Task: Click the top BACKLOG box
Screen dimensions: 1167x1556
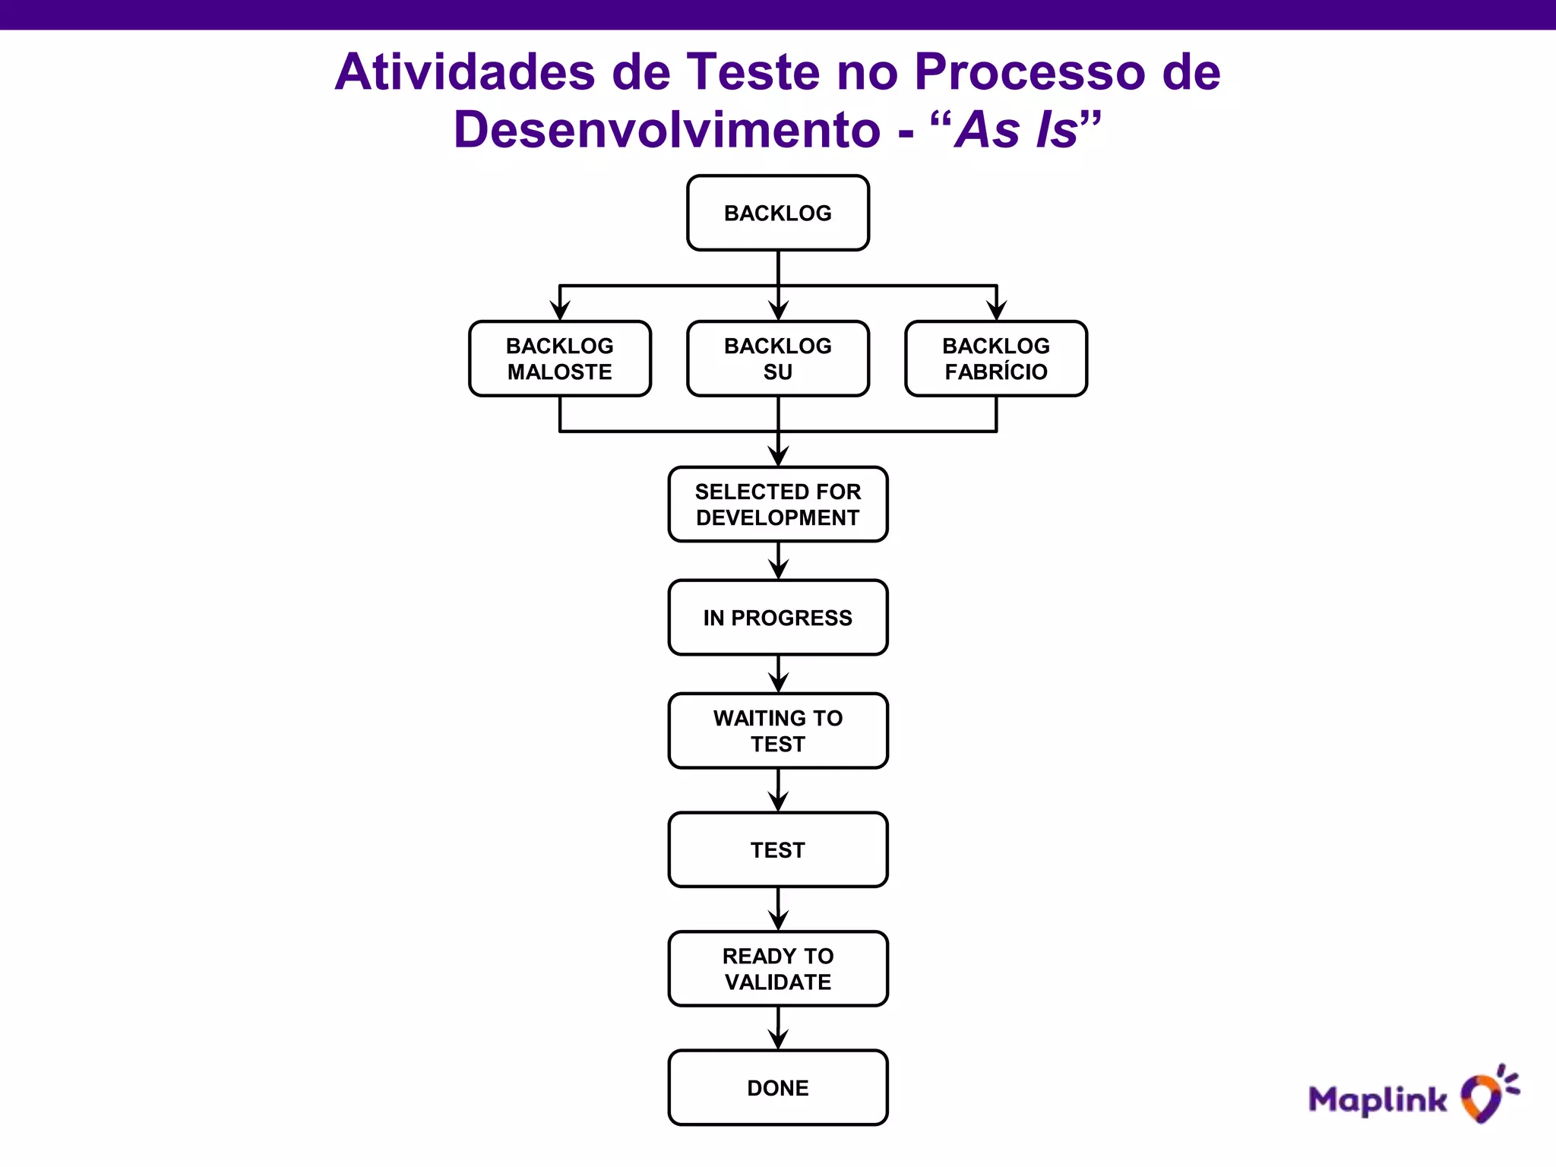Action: pyautogui.click(x=777, y=213)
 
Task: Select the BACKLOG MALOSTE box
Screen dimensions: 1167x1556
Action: pyautogui.click(x=559, y=359)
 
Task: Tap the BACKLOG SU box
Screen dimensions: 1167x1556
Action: pyautogui.click(x=777, y=359)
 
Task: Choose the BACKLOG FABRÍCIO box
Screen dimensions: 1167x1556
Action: pyautogui.click(x=995, y=359)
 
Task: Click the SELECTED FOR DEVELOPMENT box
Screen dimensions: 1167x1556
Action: pyautogui.click(x=777, y=504)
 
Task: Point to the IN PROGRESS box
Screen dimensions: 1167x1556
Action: pyautogui.click(x=777, y=617)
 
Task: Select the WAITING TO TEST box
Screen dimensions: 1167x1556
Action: pyautogui.click(x=777, y=730)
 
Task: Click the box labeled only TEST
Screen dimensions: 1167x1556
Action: pyautogui.click(x=777, y=849)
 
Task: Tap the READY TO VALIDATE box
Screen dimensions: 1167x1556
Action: pyautogui.click(x=777, y=968)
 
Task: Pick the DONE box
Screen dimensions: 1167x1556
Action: pyautogui.click(x=777, y=1087)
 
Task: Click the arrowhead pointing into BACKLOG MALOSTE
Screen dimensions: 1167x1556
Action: pyautogui.click(x=560, y=310)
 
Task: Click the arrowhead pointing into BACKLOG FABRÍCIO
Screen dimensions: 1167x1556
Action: pyautogui.click(x=996, y=310)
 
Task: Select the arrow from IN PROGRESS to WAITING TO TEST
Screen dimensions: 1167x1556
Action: pyautogui.click(x=778, y=675)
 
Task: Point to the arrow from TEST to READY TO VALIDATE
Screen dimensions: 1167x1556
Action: pyautogui.click(x=778, y=910)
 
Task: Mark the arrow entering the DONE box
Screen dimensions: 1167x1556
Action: pyautogui.click(x=778, y=1030)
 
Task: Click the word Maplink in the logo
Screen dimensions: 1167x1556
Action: pyautogui.click(x=1377, y=1099)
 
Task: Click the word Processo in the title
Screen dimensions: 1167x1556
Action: pyautogui.click(x=1030, y=72)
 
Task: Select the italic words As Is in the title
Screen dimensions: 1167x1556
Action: pyautogui.click(x=1017, y=130)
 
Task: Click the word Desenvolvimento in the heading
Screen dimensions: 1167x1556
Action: pyautogui.click(x=666, y=130)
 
